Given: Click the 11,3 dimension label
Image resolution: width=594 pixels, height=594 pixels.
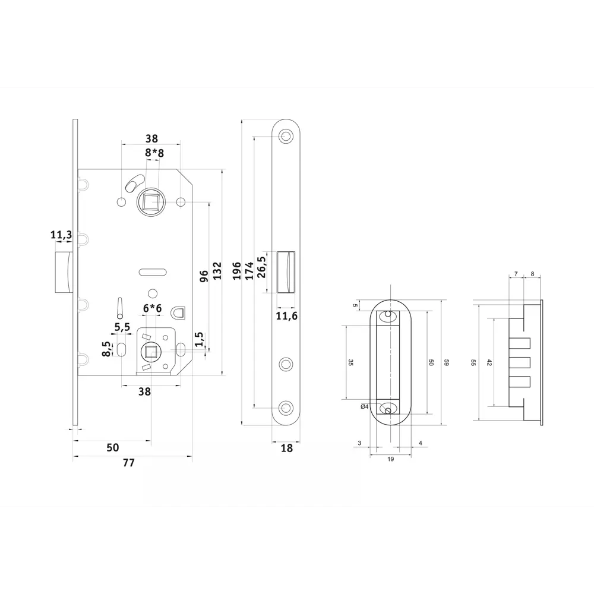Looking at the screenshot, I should coord(61,236).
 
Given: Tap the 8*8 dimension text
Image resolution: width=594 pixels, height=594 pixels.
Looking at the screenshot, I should coord(154,153).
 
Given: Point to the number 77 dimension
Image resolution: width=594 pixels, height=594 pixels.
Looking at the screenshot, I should coord(128,463).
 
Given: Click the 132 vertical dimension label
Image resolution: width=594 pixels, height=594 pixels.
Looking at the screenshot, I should coord(217,271).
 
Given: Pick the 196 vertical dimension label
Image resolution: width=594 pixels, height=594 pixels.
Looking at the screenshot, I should coord(236,271).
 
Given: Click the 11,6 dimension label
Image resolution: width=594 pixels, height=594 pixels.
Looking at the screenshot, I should coord(287,315).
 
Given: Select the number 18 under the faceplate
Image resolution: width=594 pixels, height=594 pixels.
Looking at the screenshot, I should coord(287,448).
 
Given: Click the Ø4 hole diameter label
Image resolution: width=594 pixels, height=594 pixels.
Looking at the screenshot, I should coord(365,406).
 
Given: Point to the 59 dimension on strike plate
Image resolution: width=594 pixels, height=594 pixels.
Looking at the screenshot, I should coord(446,363).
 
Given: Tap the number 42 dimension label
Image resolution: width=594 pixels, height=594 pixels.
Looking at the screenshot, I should coord(489,363).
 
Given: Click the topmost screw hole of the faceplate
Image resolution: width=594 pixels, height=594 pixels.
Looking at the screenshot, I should coord(287,137).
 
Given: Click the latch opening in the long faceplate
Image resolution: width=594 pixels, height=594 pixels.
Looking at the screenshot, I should coord(287,271).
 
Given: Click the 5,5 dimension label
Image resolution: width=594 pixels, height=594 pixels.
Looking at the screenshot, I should coord(122,327).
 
